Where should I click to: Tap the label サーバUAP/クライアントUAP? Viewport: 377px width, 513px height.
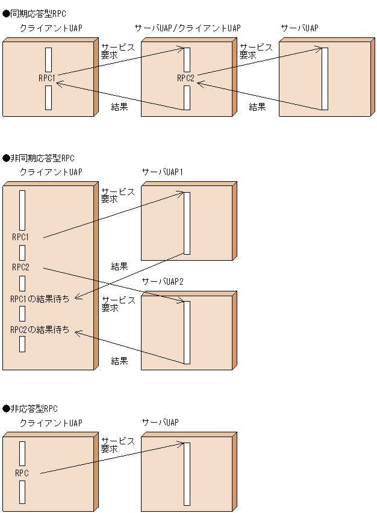click(x=187, y=28)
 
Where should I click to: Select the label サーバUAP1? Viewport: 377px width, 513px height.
click(x=162, y=172)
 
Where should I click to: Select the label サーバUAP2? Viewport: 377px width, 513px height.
click(x=162, y=281)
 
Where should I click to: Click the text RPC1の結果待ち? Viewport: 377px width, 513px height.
click(x=40, y=299)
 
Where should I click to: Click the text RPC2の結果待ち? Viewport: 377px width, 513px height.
click(x=40, y=329)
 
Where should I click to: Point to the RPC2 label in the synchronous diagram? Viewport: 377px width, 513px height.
click(x=185, y=78)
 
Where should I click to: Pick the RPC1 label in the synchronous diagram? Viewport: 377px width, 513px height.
click(x=46, y=78)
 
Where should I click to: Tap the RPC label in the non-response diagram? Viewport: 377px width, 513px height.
click(x=22, y=473)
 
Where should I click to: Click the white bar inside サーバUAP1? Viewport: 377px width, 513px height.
click(x=187, y=223)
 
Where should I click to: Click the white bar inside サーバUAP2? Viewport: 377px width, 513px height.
click(x=187, y=332)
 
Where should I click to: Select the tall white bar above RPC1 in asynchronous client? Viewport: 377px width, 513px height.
click(x=22, y=210)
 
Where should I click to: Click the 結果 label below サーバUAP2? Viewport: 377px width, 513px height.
click(x=119, y=361)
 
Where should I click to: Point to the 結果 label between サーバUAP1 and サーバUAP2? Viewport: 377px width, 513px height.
click(x=119, y=266)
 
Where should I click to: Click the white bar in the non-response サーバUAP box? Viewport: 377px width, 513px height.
click(x=187, y=474)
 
